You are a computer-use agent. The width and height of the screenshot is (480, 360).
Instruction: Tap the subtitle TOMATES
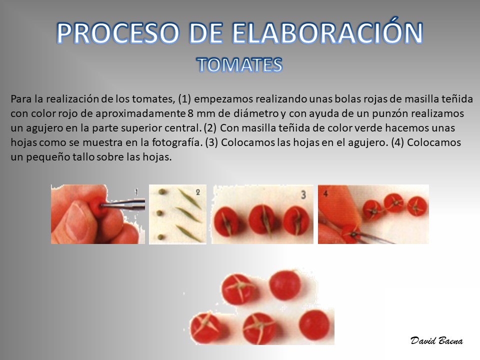(x=239, y=65)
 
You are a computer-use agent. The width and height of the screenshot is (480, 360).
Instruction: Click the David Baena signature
(x=436, y=340)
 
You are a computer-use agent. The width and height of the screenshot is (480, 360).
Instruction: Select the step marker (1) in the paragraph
(x=184, y=99)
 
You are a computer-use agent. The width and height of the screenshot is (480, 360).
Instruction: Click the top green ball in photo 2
(x=162, y=192)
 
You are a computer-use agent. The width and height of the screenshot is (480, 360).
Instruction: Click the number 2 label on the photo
(x=198, y=192)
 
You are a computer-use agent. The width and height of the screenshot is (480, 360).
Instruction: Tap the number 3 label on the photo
(x=303, y=194)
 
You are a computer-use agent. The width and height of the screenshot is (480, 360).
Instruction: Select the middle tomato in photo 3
(x=262, y=220)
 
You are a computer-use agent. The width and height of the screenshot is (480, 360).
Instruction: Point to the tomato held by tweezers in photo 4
(x=351, y=233)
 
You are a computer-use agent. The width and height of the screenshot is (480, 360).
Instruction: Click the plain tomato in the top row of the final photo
(x=284, y=285)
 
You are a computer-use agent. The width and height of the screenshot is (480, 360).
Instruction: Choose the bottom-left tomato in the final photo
(x=205, y=327)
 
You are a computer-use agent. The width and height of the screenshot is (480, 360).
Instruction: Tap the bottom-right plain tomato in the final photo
(x=314, y=325)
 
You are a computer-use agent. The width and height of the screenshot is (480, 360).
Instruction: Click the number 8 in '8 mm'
(x=190, y=113)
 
